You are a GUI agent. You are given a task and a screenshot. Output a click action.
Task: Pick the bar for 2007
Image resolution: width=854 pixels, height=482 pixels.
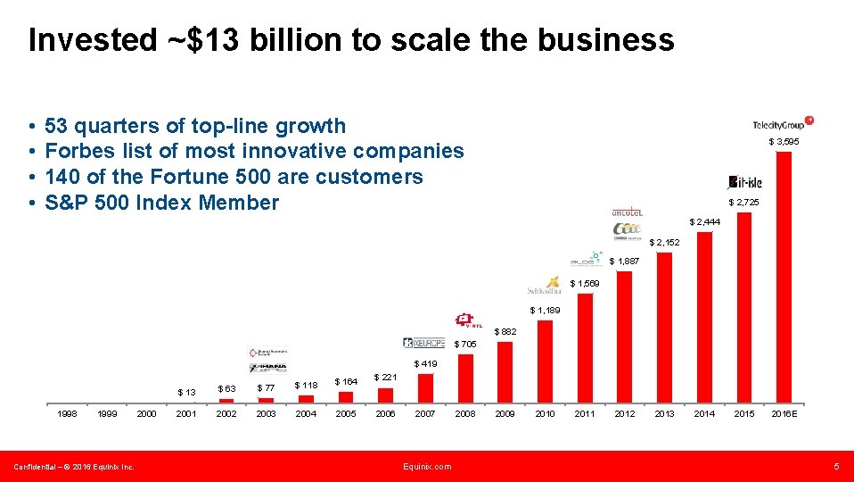(x=425, y=387)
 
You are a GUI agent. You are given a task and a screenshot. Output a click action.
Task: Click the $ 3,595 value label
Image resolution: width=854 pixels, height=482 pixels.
(x=784, y=142)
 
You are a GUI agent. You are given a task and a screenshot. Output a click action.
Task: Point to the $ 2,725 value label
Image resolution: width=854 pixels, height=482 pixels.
(x=743, y=203)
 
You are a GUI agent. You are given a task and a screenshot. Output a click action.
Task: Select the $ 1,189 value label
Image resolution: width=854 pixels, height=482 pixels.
(x=545, y=311)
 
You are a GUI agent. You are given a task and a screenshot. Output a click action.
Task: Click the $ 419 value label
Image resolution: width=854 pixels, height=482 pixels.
(x=425, y=364)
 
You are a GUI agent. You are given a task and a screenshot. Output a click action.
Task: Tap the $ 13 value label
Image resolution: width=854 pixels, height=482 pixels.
(x=186, y=392)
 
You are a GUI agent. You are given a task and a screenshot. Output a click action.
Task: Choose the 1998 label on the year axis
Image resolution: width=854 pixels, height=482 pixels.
(x=67, y=414)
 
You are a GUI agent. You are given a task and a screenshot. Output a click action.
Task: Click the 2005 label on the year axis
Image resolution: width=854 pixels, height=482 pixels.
(x=345, y=414)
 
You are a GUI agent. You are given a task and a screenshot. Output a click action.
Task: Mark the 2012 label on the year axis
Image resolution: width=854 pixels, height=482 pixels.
(x=624, y=414)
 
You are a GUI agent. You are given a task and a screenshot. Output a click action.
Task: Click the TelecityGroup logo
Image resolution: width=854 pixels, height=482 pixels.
(x=783, y=124)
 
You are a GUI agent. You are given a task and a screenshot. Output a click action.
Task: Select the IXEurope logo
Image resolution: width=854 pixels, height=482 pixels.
(x=423, y=343)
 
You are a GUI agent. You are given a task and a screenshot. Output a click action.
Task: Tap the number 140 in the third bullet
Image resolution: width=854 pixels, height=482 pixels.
(x=62, y=177)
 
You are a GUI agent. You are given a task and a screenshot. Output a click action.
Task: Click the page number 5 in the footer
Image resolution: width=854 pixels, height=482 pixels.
(x=836, y=467)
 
